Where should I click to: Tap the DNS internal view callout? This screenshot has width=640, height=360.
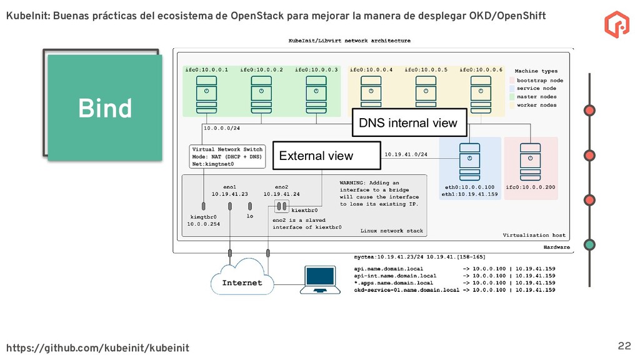pyautogui.click(x=408, y=123)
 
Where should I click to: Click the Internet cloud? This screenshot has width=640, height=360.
pyautogui.click(x=242, y=279)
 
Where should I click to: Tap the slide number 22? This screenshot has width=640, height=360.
pyautogui.click(x=624, y=346)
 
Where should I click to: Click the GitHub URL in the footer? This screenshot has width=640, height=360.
pyautogui.click(x=97, y=347)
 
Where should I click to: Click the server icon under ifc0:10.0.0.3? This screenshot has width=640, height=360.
pyautogui.click(x=316, y=92)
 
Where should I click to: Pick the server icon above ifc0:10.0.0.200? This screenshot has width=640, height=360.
pyautogui.click(x=530, y=159)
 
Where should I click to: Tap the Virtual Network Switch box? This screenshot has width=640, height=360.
pyautogui.click(x=227, y=157)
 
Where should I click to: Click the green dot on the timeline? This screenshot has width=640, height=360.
pyautogui.click(x=589, y=244)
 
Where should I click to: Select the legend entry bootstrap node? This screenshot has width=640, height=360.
pyautogui.click(x=539, y=81)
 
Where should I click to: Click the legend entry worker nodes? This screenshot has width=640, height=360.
pyautogui.click(x=536, y=105)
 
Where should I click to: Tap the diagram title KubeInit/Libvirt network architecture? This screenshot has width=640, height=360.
pyautogui.click(x=349, y=41)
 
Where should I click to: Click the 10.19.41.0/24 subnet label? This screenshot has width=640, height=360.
pyautogui.click(x=406, y=154)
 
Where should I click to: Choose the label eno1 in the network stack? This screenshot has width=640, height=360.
pyautogui.click(x=229, y=186)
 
